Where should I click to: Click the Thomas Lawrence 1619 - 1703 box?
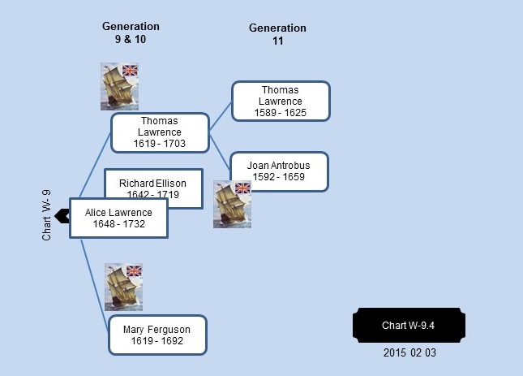(x=160, y=132)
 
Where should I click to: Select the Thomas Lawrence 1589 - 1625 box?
(x=281, y=101)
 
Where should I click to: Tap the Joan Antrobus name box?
(x=280, y=171)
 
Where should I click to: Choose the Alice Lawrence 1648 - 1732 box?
(x=118, y=218)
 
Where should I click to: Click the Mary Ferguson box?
(x=158, y=335)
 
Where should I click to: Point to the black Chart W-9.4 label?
(x=409, y=325)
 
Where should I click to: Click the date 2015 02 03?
(x=409, y=353)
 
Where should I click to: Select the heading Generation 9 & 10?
(x=131, y=32)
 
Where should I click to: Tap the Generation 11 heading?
(x=277, y=34)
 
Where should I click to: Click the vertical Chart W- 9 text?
(x=46, y=215)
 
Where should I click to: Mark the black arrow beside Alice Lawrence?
(x=62, y=216)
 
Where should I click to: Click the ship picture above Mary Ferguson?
(x=124, y=287)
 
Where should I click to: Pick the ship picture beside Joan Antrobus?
(x=232, y=205)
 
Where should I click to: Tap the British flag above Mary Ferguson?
(x=135, y=270)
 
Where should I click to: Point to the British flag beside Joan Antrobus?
(x=242, y=188)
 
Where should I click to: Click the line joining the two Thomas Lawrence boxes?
(x=220, y=117)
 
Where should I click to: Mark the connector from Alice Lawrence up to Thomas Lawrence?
(x=95, y=166)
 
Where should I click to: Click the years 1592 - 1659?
(x=279, y=177)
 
